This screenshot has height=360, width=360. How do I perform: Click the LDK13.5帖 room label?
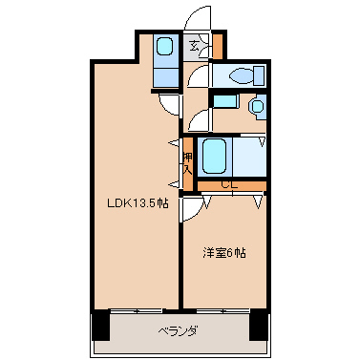[x=138, y=202]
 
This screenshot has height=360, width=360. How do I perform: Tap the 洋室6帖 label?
[x=224, y=253]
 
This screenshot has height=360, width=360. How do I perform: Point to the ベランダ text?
[x=178, y=331]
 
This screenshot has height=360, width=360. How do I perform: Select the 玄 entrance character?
[x=194, y=47]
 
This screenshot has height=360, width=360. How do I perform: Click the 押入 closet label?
[x=188, y=163]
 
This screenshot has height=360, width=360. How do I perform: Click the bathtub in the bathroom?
[x=215, y=156]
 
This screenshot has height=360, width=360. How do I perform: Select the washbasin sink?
[x=257, y=106]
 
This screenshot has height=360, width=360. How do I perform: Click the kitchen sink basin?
[x=165, y=47]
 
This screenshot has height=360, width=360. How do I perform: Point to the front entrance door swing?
[x=198, y=18]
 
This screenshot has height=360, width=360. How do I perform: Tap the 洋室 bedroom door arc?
[x=192, y=208]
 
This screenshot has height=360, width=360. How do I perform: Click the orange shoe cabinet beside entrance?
[x=218, y=47]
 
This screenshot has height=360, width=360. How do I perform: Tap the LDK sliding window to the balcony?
[x=137, y=310]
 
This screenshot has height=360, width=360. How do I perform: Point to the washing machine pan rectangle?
[x=224, y=101]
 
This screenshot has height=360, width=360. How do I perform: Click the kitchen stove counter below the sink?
[x=165, y=76]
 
